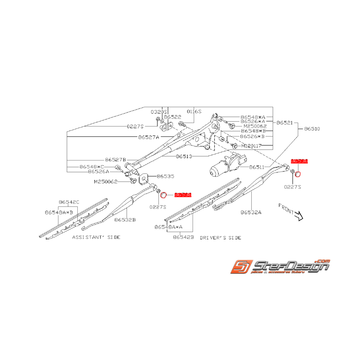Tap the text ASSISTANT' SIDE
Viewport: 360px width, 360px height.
click(96, 237)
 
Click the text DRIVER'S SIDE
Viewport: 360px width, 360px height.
click(220, 237)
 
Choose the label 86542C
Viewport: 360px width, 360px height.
click(69, 202)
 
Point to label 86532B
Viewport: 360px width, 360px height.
click(125, 219)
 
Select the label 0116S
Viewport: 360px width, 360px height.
click(194, 111)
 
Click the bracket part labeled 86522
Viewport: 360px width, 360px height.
click(167, 126)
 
